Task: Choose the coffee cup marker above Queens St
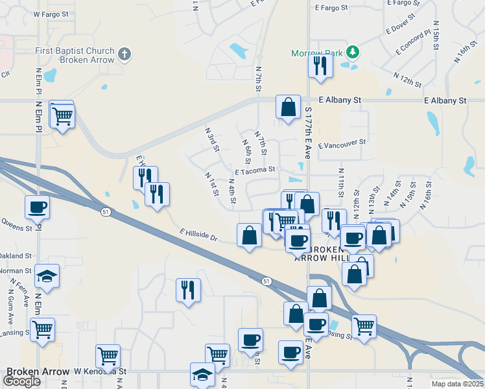click(x=38, y=207)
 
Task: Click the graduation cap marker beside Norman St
click(x=47, y=277)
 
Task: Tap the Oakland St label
click(x=16, y=256)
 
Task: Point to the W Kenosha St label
click(x=100, y=372)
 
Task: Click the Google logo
click(x=22, y=381)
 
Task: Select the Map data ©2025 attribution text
click(x=458, y=384)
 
